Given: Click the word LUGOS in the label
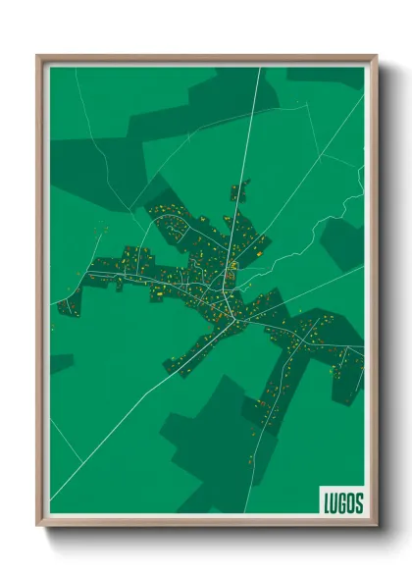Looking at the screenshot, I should [x=342, y=501].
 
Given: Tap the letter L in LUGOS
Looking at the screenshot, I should [x=328, y=501].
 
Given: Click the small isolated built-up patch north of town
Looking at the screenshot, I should [x=239, y=188].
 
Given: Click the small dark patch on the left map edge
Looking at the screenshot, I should [x=59, y=362].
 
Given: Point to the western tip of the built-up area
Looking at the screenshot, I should [x=65, y=306].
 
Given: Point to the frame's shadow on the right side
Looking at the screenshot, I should [x=382, y=294].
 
